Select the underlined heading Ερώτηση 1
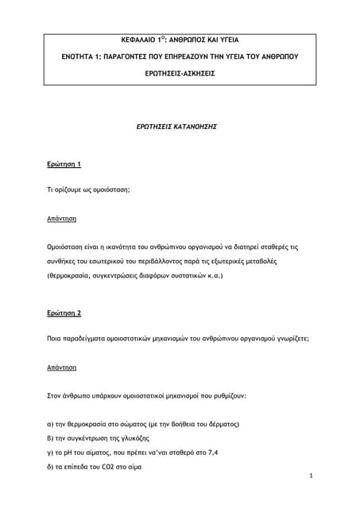64,164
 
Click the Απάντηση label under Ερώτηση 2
63,367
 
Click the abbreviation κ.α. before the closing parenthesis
214,277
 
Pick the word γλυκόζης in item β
133,438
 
